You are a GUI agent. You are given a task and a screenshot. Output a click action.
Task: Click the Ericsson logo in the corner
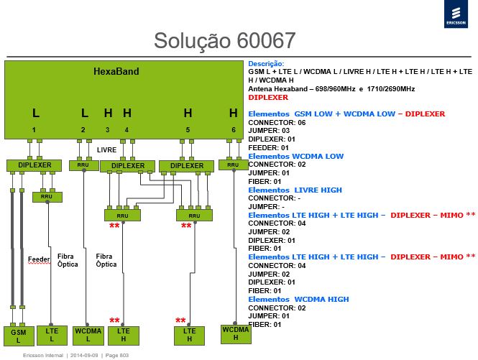[456, 14]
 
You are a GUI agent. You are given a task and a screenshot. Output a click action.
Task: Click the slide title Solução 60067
[225, 40]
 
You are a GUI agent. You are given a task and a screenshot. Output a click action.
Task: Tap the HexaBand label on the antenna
[116, 71]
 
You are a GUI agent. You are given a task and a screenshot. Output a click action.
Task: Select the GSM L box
[19, 336]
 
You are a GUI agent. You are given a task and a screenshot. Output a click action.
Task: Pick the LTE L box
[52, 335]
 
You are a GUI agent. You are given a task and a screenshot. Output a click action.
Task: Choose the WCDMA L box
[88, 336]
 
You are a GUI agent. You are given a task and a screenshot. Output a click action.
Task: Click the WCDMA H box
[236, 334]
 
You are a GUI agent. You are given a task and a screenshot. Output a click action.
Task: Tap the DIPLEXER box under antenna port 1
[35, 165]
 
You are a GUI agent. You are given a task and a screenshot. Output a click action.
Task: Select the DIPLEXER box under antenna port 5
[187, 166]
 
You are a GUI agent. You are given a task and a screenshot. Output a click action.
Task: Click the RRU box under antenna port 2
[84, 165]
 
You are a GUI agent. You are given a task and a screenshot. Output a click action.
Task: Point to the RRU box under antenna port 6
[233, 165]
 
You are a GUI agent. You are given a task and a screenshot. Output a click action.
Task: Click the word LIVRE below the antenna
[106, 150]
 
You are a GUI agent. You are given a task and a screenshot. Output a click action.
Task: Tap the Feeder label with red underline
[39, 259]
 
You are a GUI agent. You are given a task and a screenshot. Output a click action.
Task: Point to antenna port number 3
[108, 130]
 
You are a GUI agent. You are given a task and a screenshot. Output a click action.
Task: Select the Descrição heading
[266, 64]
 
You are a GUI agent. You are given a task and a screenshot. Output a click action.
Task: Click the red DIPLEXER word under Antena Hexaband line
[268, 98]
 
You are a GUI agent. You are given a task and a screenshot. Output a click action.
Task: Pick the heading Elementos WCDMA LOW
[295, 157]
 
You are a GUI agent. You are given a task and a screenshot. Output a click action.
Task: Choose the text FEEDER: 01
[268, 148]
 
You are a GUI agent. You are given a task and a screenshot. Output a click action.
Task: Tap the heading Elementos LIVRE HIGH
[295, 190]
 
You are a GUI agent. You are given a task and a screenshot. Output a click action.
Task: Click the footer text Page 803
[117, 356]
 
